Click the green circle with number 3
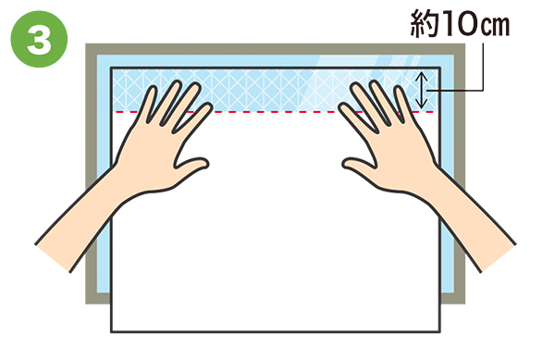click(39, 39)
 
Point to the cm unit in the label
click(494, 26)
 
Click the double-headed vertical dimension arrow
click(421, 90)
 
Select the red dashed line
click(276, 112)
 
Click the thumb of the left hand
click(191, 168)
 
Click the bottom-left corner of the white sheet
click(112, 331)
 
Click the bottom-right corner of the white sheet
click(440, 331)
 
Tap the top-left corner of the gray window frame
click(86, 44)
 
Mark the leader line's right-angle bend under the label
click(483, 91)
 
